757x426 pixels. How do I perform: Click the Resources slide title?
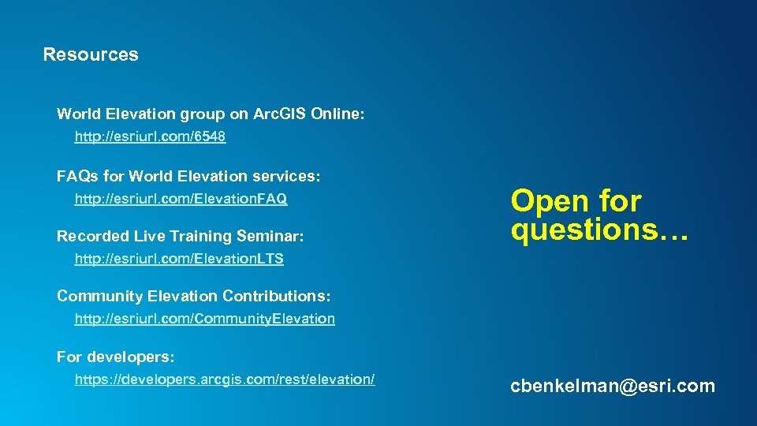[91, 54]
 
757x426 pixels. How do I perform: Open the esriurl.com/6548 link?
[150, 137]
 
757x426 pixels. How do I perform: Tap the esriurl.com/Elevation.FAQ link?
[181, 199]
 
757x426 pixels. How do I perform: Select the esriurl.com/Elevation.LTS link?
[179, 259]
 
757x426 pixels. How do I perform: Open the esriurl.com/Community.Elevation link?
[204, 319]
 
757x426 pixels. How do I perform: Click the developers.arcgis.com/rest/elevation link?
[224, 379]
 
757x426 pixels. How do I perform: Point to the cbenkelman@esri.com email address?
[613, 386]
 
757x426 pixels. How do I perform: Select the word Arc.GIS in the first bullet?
[280, 114]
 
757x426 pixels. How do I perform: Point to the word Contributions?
[276, 296]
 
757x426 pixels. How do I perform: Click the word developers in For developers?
[129, 357]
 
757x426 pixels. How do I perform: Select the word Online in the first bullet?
[337, 114]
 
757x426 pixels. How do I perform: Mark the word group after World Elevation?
[203, 114]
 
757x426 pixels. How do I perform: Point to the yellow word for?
[620, 201]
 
